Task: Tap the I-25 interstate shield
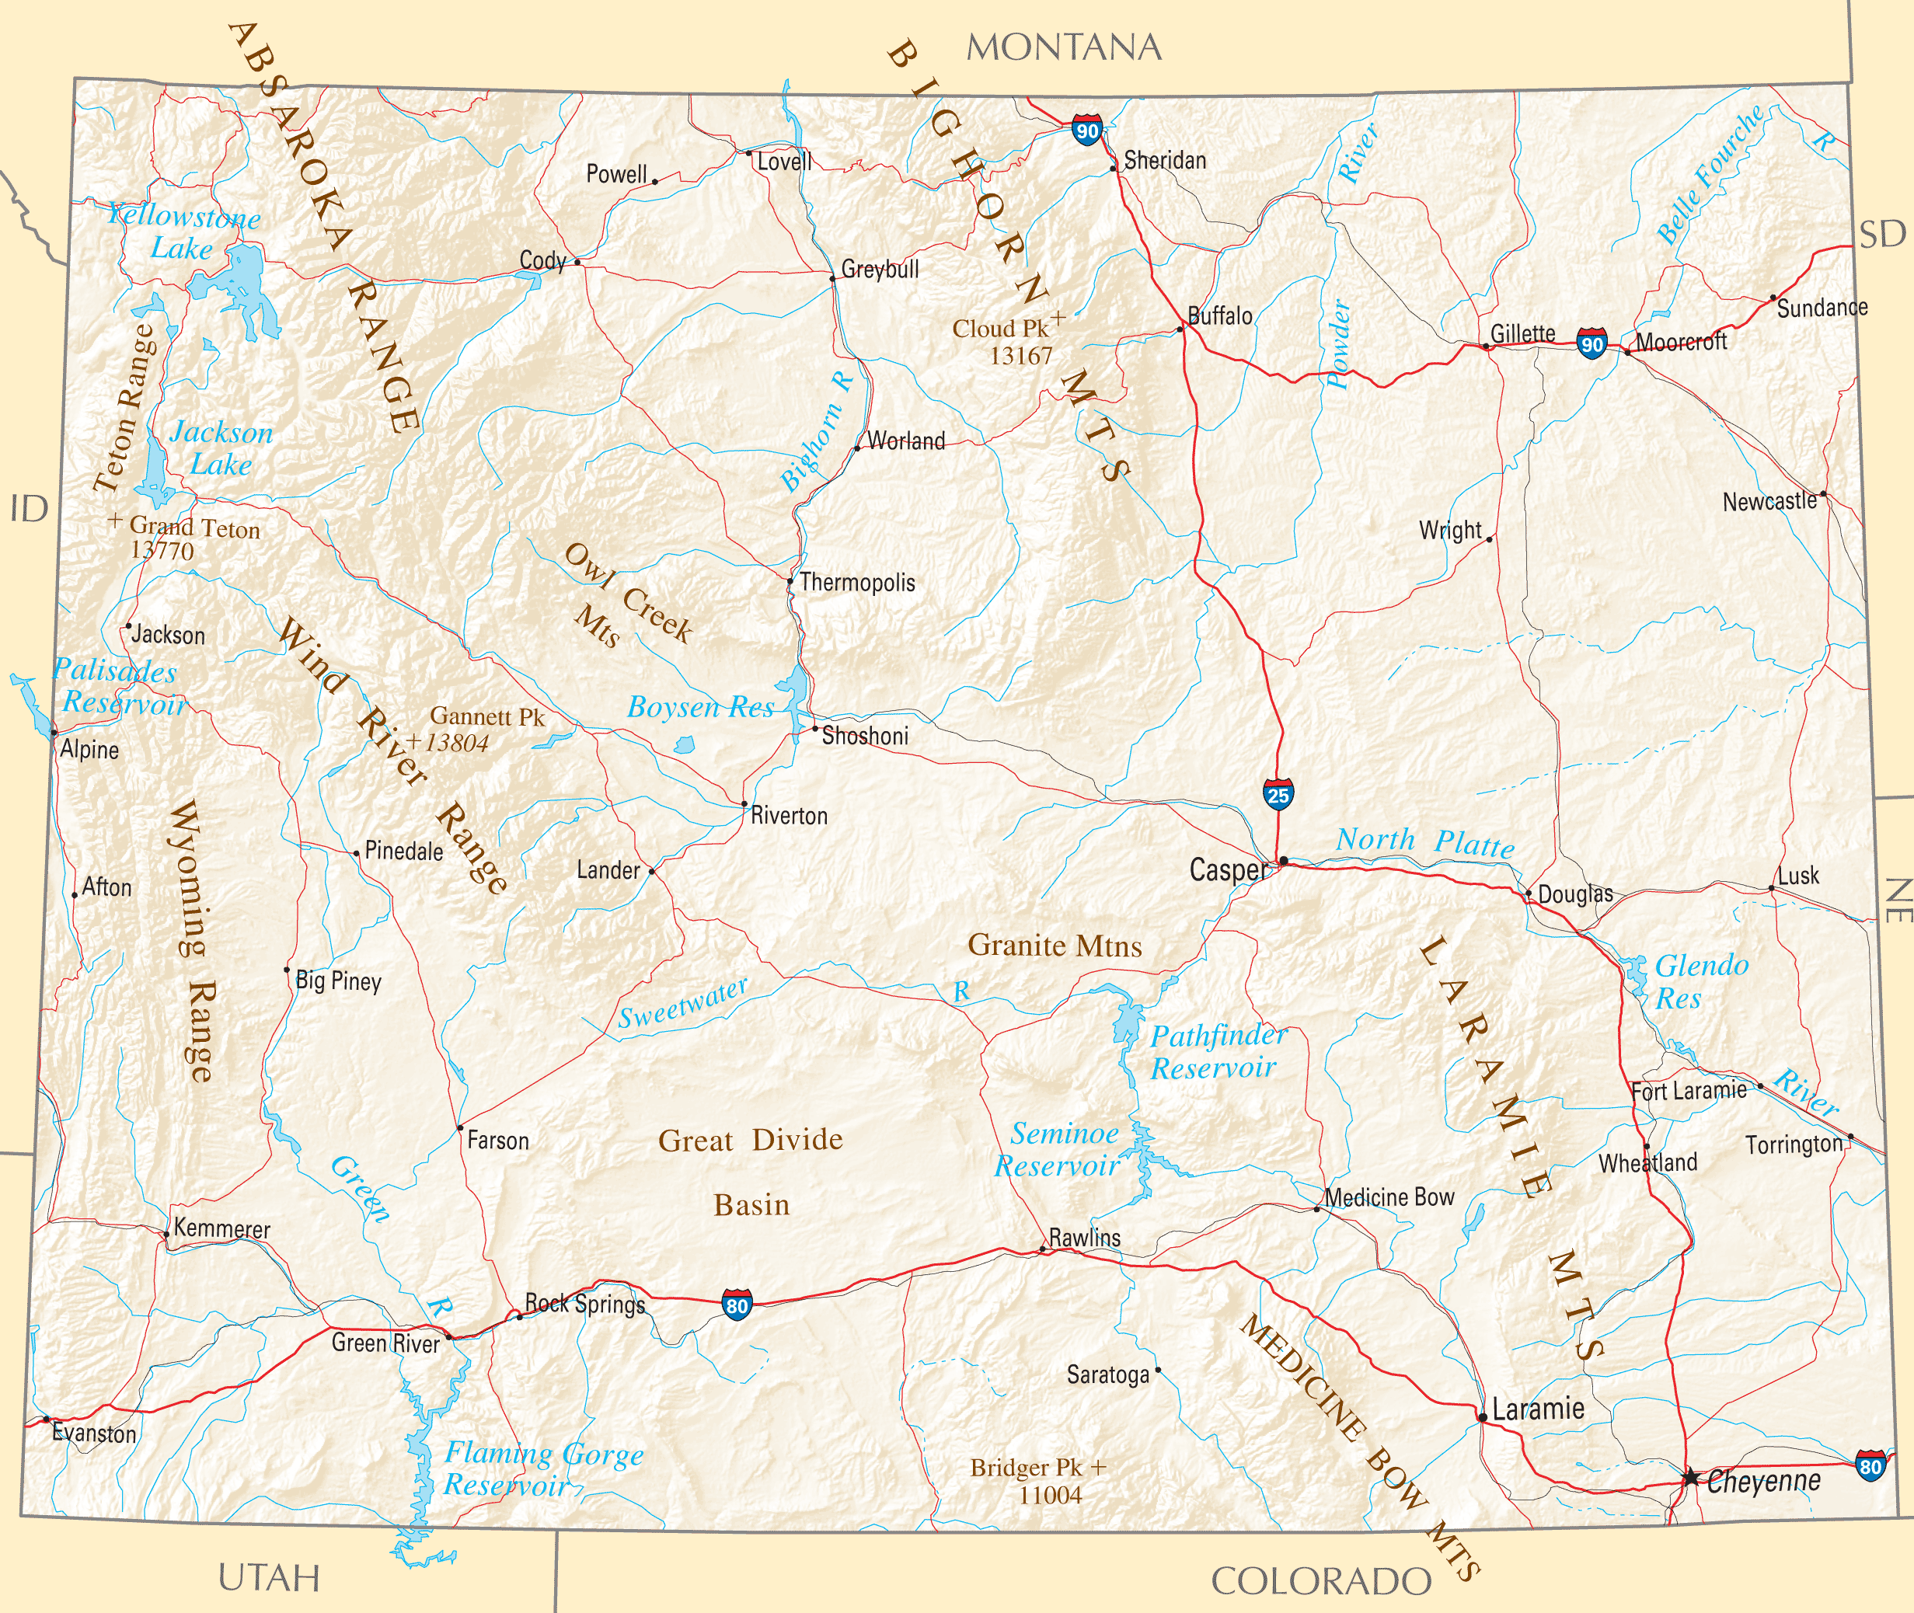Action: coord(1278,795)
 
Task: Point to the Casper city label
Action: coord(1229,869)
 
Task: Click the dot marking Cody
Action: coord(577,263)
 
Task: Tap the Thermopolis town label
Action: coord(857,583)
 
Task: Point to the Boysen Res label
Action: coord(700,707)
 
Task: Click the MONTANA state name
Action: coord(1064,47)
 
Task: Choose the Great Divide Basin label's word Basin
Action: coord(751,1205)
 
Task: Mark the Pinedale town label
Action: coord(403,852)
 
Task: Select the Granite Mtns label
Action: coord(1055,946)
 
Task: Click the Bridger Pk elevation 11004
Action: coord(1050,1496)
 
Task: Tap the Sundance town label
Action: coord(1822,308)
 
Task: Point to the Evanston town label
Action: coord(94,1434)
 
